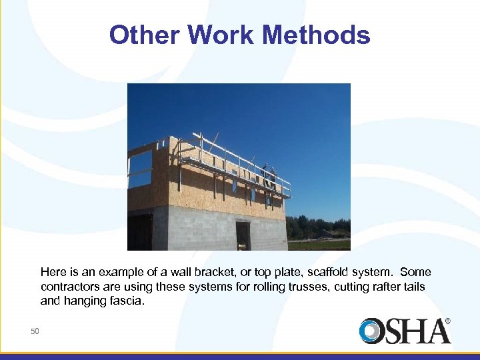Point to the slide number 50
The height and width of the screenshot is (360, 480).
pos(35,331)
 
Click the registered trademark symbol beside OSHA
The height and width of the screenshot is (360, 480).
pos(447,321)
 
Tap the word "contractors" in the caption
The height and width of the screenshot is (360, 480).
pos(69,287)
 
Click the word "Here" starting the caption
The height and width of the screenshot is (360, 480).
pos(53,273)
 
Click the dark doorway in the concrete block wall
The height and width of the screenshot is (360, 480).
pos(243,235)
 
